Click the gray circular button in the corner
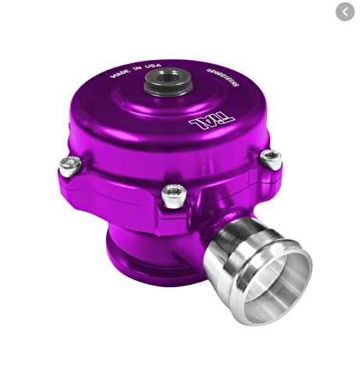(x=344, y=12)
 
